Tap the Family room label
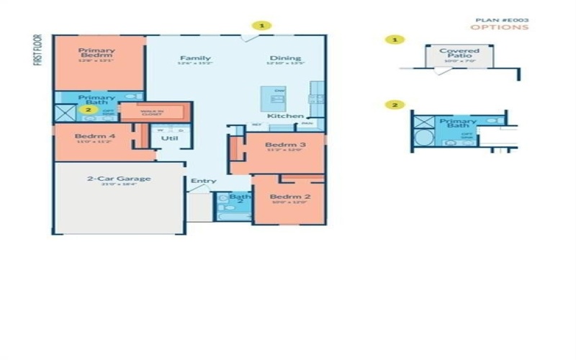tap(195, 58)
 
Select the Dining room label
tap(285, 58)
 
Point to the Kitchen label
tap(281, 116)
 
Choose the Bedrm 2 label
tap(285, 197)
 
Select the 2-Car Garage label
tap(119, 179)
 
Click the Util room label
tap(170, 138)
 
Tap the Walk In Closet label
tap(152, 112)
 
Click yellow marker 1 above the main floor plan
tap(262, 25)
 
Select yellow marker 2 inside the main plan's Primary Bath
tap(88, 110)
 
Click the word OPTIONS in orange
tap(499, 28)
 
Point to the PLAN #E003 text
tap(502, 20)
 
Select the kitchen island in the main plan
tap(274, 98)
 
